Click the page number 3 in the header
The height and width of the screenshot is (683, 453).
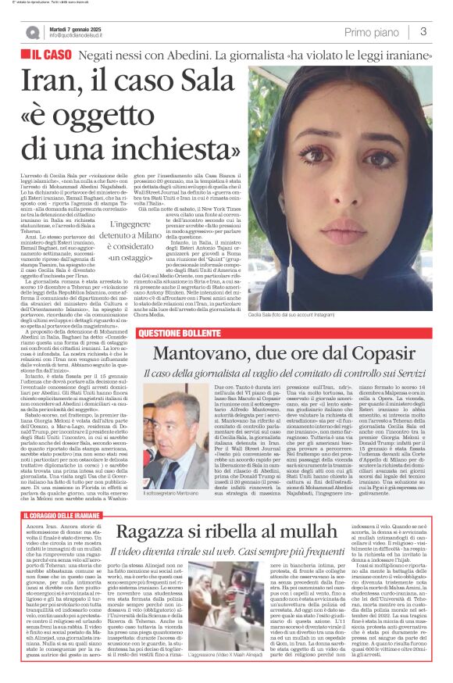pos(423,32)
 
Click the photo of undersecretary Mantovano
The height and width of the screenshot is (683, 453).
pos(187,434)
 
